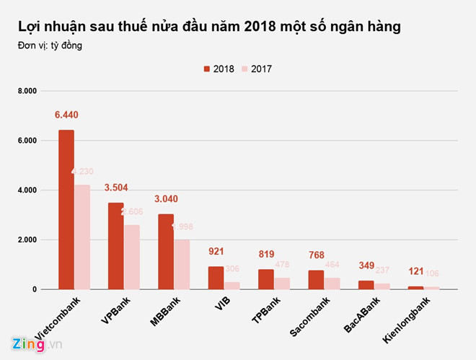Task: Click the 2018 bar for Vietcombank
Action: pos(66,209)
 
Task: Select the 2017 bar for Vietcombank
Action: pos(82,237)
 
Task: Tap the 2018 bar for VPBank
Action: pos(116,245)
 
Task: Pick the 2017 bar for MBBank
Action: pos(182,264)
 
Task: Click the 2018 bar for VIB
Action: pos(216,278)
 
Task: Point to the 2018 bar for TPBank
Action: pos(265,279)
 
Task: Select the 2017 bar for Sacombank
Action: pos(331,284)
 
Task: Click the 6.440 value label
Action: pos(66,115)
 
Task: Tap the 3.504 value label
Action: pos(116,188)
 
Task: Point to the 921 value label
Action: pos(216,252)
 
